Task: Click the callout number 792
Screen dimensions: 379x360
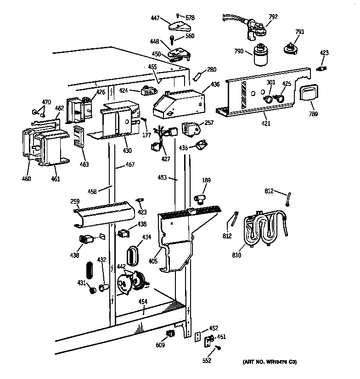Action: coord(273,17)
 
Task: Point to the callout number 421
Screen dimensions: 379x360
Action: coord(266,123)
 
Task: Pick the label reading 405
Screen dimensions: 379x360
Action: coord(153,261)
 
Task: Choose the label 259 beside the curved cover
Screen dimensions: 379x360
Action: coord(74,201)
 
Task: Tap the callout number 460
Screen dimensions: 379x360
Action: coord(27,178)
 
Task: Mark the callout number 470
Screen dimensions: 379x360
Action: coord(46,102)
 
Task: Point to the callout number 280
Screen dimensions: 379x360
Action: coord(211,70)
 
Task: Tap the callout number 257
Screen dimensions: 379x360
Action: coord(209,123)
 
